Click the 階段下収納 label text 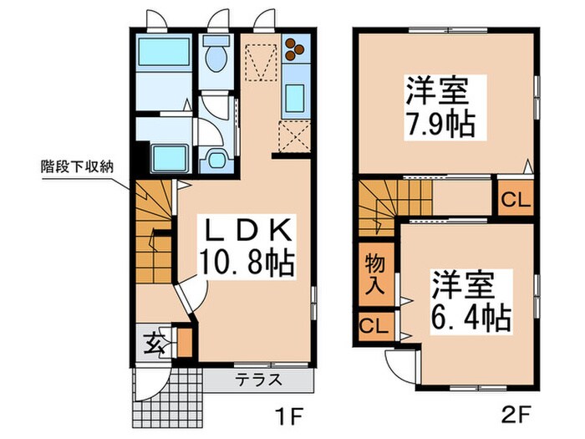[78, 166]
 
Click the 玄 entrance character [155, 341]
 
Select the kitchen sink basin [296, 98]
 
